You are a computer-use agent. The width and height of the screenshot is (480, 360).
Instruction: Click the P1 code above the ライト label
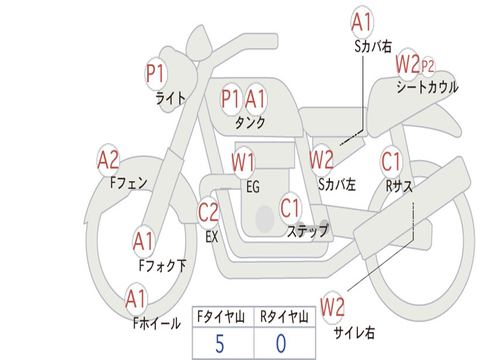pyautogui.click(x=156, y=74)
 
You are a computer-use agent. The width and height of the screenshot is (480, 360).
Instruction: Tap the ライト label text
pyautogui.click(x=171, y=98)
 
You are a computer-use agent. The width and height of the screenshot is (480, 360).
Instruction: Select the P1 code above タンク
pyautogui.click(x=230, y=98)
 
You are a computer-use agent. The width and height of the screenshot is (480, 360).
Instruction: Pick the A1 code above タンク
pyautogui.click(x=255, y=98)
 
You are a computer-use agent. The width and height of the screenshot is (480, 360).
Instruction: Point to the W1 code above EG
pyautogui.click(x=243, y=162)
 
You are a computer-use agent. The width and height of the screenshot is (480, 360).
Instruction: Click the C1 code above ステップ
pyautogui.click(x=290, y=208)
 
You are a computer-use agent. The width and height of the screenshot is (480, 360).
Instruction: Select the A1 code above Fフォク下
pyautogui.click(x=143, y=241)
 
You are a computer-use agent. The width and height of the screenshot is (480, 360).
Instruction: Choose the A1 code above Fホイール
pyautogui.click(x=135, y=298)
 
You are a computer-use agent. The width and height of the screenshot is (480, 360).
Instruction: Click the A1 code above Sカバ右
pyautogui.click(x=362, y=22)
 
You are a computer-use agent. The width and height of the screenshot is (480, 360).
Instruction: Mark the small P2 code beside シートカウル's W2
pyautogui.click(x=427, y=66)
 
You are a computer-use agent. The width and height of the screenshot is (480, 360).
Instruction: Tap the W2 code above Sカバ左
pyautogui.click(x=322, y=159)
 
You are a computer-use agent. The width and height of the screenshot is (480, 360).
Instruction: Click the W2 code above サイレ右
pyautogui.click(x=332, y=307)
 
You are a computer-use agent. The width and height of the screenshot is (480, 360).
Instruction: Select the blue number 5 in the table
pyautogui.click(x=220, y=344)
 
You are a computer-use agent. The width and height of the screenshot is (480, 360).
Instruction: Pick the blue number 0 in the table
pyautogui.click(x=281, y=344)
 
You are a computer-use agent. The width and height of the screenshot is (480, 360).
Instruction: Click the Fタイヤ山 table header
pyautogui.click(x=221, y=316)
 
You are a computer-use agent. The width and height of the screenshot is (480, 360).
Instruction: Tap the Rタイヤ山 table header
pyautogui.click(x=285, y=316)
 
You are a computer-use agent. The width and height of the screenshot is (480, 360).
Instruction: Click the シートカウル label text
pyautogui.click(x=427, y=87)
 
